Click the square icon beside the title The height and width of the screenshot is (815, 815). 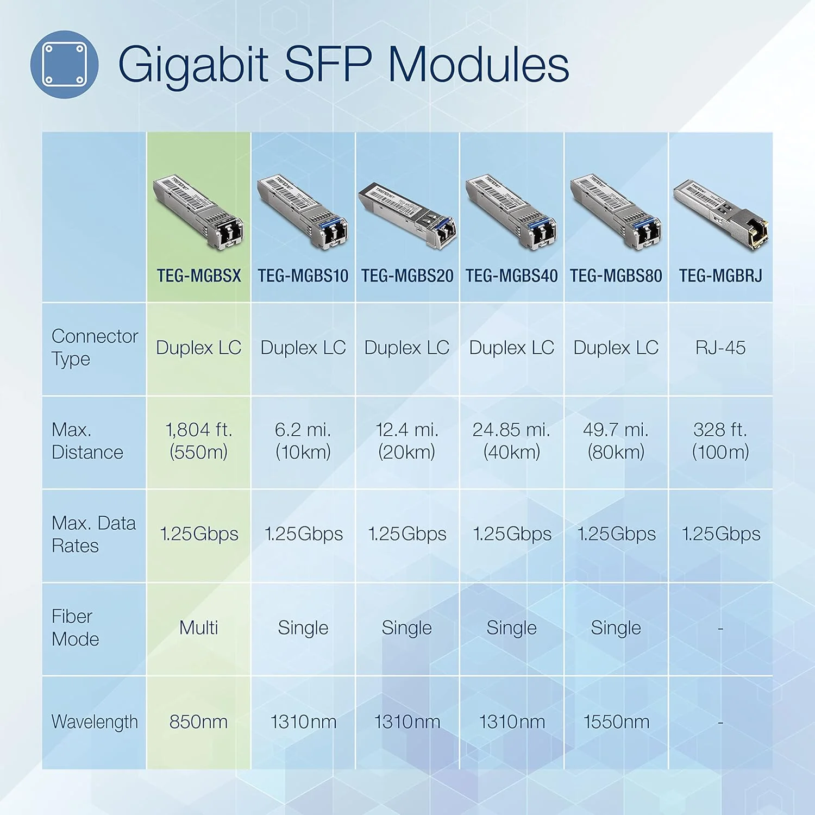point(64,65)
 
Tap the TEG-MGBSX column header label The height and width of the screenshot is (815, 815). point(199,276)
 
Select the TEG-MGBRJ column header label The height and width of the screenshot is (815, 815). point(720,276)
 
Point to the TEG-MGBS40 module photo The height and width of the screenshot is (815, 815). point(511,212)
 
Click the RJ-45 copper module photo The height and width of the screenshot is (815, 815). point(720,213)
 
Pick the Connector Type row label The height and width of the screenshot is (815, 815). point(94,348)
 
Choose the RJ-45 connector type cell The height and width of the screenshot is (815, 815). point(720,348)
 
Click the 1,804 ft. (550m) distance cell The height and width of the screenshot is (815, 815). point(199,441)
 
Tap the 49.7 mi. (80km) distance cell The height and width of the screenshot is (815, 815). point(616,441)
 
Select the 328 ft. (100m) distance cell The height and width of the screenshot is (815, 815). point(720,441)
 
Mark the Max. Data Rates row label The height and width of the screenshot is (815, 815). point(93,534)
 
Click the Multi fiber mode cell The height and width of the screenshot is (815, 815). point(199,628)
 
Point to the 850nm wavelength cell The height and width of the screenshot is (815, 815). point(199,722)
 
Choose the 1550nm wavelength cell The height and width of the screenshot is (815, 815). point(616,722)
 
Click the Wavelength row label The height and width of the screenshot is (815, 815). point(95,722)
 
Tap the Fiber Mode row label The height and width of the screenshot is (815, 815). point(76,628)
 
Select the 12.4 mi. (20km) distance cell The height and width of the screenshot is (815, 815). point(407,441)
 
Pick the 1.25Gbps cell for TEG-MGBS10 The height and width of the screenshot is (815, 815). point(303,534)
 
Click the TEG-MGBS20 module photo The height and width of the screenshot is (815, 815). point(407,215)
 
